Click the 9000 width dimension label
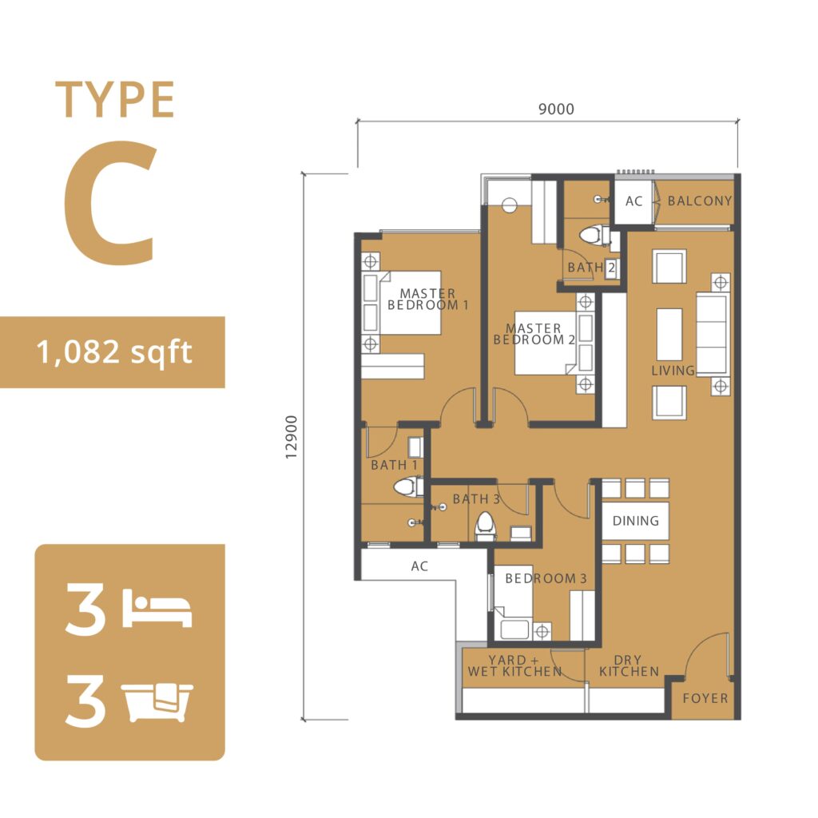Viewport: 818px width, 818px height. pos(556,109)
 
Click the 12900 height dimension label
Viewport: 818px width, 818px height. pos(291,437)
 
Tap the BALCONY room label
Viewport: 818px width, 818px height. pos(700,201)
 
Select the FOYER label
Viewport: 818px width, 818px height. pos(705,698)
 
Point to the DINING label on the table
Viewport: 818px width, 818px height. pos(635,521)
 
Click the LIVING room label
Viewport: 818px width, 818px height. pos(673,371)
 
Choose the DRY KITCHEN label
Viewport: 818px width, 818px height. pos(629,665)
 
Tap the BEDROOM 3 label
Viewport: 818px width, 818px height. pos(546,578)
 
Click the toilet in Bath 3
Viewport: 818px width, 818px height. pos(485,526)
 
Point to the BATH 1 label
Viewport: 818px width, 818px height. pos(394,465)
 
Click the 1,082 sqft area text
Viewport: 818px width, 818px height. pos(114,352)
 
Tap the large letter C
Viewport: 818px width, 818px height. pos(110,202)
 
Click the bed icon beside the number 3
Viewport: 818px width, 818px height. pos(157,609)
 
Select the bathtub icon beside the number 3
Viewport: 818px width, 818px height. pos(157,702)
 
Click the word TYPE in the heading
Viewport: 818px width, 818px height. pos(115,100)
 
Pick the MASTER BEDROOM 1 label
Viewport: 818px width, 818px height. pos(428,300)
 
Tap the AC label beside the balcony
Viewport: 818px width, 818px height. pos(633,201)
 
